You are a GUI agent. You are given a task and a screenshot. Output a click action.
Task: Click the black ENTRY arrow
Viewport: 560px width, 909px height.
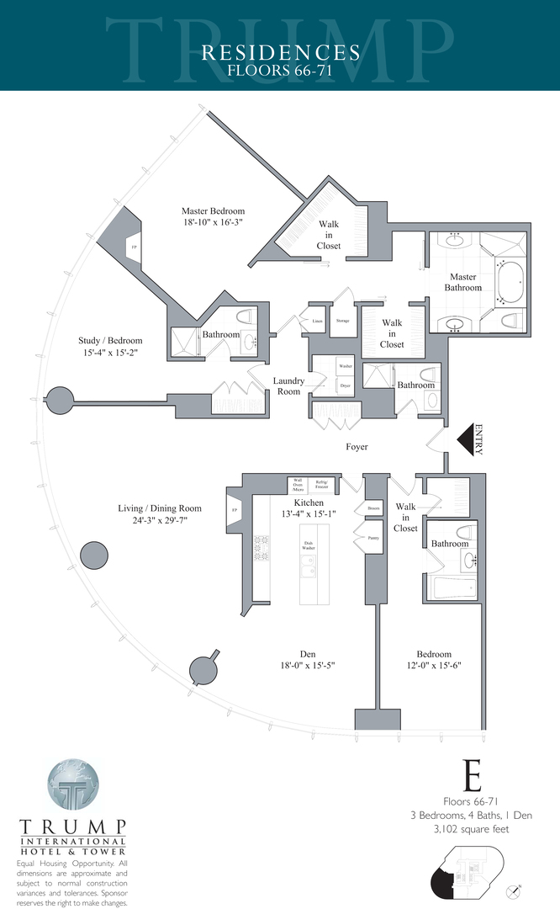tap(467, 439)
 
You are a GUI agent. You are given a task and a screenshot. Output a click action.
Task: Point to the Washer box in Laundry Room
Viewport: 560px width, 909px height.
tap(345, 367)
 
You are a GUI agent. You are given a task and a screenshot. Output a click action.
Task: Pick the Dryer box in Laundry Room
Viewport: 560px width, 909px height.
tap(345, 385)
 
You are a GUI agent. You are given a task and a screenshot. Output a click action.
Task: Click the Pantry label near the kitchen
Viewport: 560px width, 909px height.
tap(373, 535)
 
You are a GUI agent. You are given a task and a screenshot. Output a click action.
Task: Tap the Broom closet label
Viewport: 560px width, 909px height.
tap(373, 509)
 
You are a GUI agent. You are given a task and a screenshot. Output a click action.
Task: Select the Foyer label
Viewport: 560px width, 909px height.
tap(357, 447)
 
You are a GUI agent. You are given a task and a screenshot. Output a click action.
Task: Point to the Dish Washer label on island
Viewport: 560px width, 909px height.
tap(308, 545)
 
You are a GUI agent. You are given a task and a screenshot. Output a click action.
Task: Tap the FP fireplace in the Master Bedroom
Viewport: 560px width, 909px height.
tap(133, 247)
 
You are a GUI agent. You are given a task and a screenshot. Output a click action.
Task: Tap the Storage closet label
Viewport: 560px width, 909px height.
tap(342, 321)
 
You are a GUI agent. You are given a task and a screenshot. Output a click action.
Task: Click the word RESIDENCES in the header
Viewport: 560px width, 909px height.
tap(280, 53)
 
